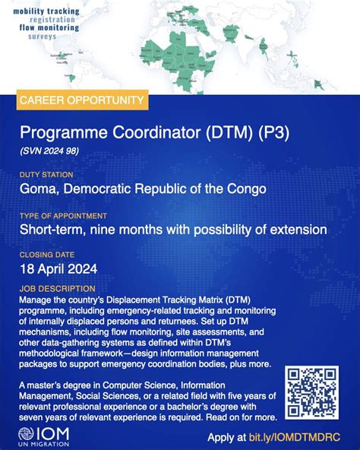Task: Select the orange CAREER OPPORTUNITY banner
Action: click(80, 100)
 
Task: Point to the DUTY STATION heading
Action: click(47, 175)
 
